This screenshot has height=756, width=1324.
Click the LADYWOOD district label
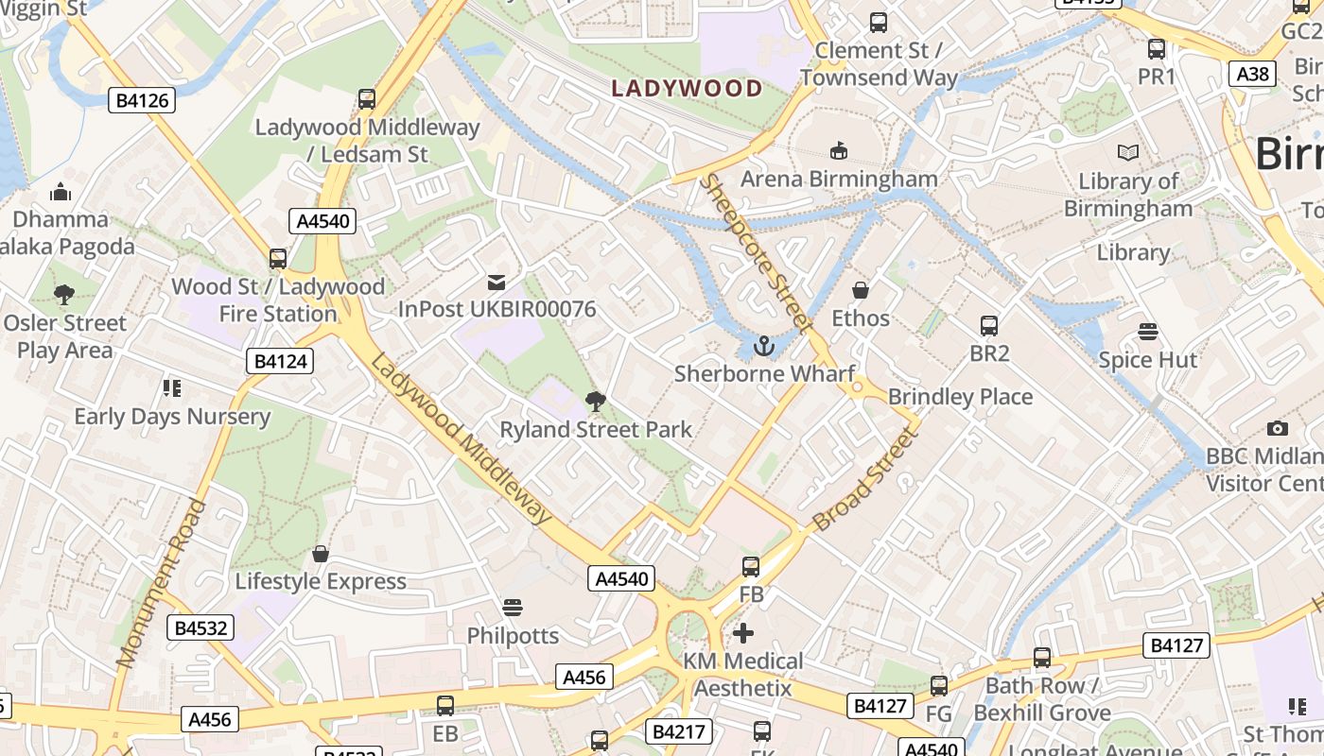687,89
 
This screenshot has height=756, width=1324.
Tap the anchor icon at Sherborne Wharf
763,347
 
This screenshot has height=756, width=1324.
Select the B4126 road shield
142,100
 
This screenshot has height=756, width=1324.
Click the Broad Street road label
866,477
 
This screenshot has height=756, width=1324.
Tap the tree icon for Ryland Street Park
596,402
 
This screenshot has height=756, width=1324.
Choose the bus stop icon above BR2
989,326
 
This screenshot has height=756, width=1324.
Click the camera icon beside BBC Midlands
1278,429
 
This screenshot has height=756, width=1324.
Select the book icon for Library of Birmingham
1127,152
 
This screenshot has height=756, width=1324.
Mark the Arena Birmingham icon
838,150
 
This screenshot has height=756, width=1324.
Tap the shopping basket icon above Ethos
861,290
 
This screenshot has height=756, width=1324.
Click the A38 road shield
1253,74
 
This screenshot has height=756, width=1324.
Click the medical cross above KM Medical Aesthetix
743,633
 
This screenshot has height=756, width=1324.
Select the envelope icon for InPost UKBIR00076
496,282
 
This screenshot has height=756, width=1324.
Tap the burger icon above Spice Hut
1148,332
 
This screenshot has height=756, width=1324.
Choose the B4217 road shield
676,731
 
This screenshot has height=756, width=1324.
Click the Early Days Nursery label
172,417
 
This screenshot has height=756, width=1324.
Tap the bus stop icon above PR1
1156,49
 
